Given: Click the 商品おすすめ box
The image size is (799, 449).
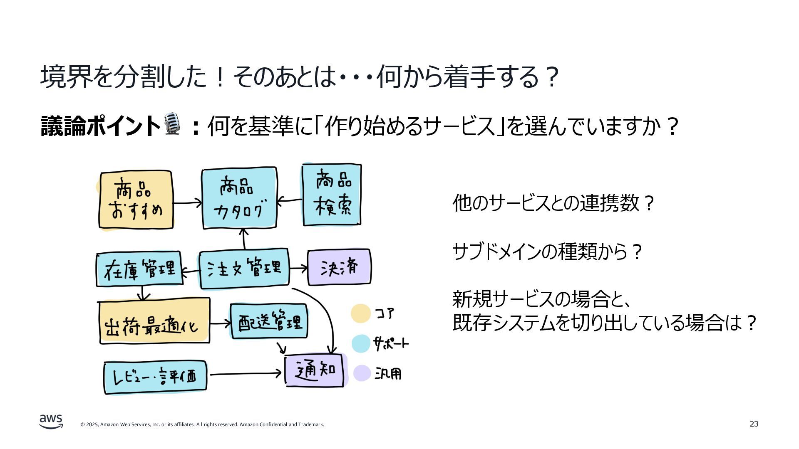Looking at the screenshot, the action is pos(136,200).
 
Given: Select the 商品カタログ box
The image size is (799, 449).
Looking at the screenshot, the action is pos(239,198).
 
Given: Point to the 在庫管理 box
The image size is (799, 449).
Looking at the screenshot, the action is pos(139,269).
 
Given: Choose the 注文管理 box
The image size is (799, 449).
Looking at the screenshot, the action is pos(244,268).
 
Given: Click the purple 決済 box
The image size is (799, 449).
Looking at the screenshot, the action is pos(339,267).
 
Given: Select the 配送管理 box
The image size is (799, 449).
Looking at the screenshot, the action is pos(269,321).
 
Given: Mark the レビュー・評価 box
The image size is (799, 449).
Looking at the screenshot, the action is pos(155,377).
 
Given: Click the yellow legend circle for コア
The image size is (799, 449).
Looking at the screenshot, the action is pos(360,313).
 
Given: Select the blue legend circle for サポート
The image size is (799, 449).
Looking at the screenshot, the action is pos(360,343).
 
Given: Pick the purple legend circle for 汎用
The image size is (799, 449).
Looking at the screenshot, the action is pos(362,373).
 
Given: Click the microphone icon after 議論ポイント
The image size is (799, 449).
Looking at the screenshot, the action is pos(172,124).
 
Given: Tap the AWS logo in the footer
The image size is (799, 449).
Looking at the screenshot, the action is pos(51,421).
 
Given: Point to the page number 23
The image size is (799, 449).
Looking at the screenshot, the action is pos(754,424).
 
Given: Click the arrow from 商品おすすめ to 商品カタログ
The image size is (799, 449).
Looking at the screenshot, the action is pos(187,203).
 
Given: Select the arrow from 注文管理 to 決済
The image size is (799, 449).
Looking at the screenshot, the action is pos(298,269).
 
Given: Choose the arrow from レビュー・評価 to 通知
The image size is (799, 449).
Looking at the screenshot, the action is pos(246,374).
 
